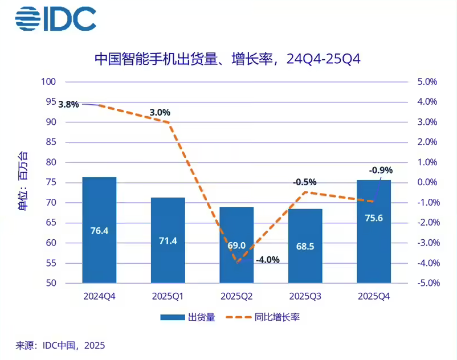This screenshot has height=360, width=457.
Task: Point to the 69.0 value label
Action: click(x=236, y=246)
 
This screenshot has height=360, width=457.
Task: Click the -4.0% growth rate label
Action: click(x=267, y=260)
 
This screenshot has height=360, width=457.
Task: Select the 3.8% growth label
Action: click(x=68, y=104)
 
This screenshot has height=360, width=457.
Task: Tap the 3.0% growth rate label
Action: click(x=160, y=112)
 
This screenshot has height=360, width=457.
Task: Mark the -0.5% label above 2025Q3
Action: click(x=304, y=182)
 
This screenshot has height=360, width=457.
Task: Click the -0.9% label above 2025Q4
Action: click(x=381, y=170)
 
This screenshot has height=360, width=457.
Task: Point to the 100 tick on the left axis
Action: click(x=48, y=82)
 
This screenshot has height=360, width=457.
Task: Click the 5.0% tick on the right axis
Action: click(x=427, y=82)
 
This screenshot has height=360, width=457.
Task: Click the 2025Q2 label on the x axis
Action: click(x=236, y=297)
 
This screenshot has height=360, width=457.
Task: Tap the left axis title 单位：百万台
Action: click(x=23, y=182)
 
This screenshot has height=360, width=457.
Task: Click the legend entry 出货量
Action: click(x=187, y=317)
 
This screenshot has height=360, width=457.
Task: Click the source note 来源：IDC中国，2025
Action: click(x=60, y=345)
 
